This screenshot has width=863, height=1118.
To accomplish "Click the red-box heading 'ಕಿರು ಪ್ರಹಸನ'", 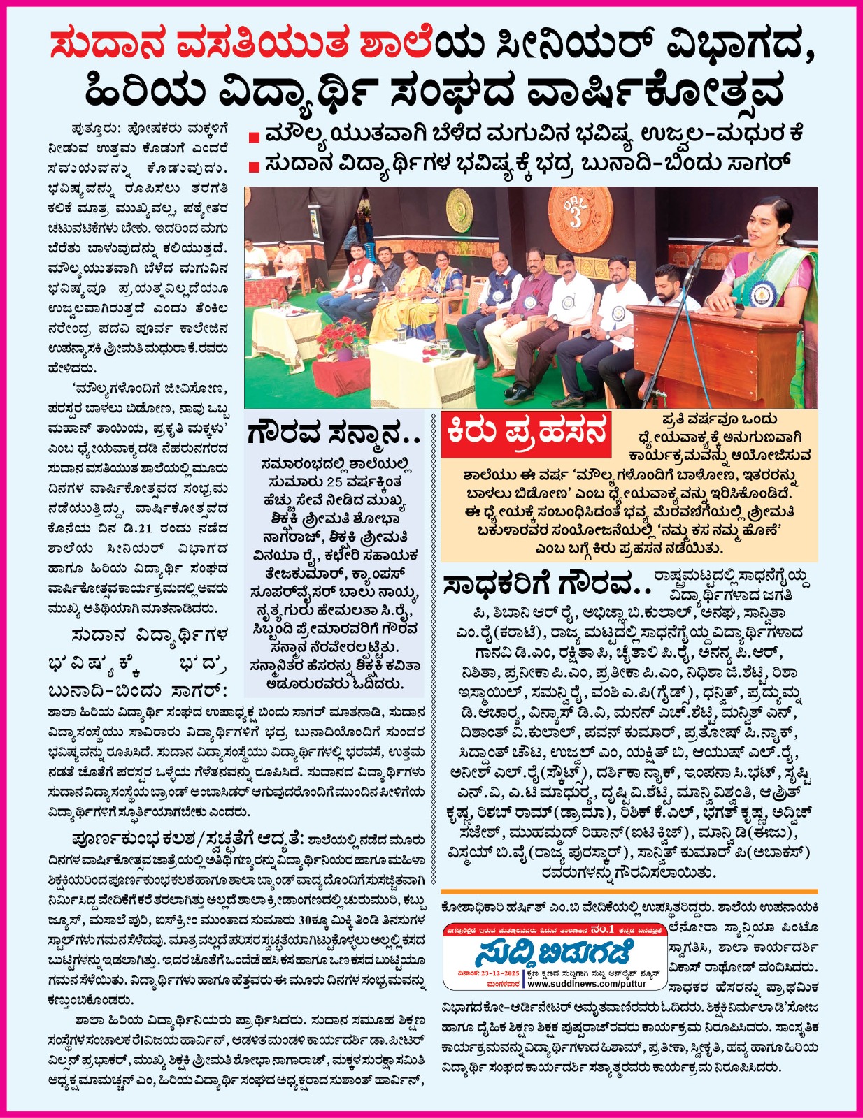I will [526, 433].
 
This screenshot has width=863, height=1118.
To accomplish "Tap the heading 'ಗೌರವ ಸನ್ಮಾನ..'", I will [334, 435].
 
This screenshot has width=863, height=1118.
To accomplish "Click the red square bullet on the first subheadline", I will [255, 136].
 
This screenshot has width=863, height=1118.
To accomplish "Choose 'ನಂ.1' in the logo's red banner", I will [602, 930].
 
